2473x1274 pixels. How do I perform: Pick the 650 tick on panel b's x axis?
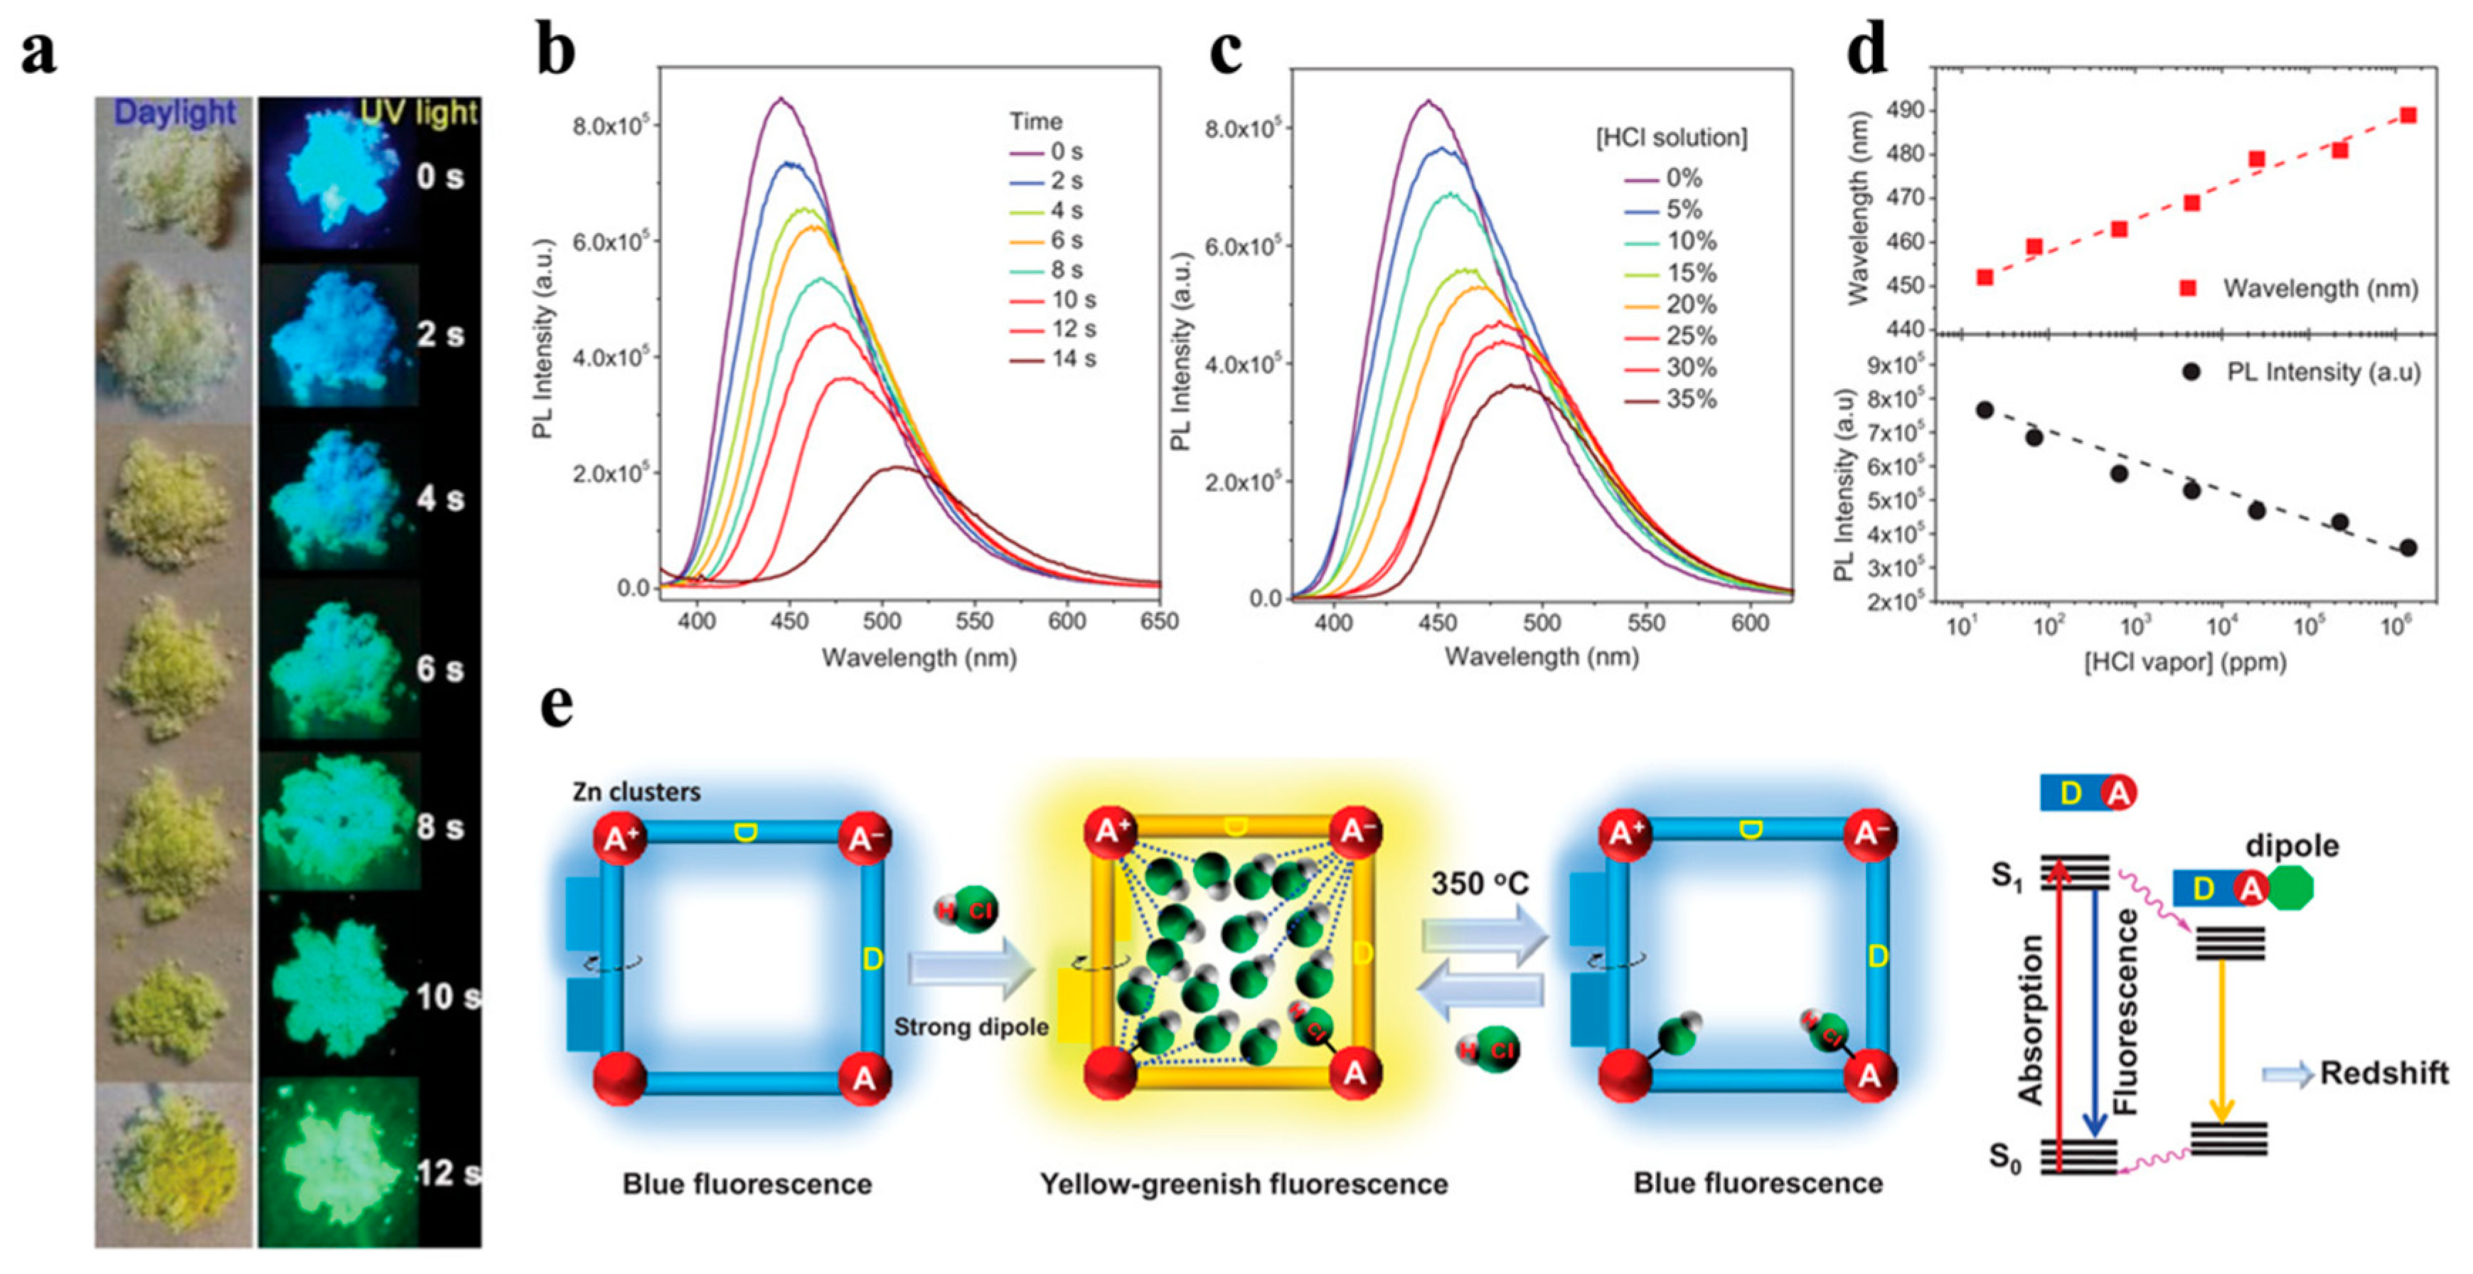pos(1159,622)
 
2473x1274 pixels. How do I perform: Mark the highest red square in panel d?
pos(2408,115)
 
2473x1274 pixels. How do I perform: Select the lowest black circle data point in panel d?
pos(2408,548)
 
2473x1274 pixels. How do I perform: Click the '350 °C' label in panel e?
pos(1480,883)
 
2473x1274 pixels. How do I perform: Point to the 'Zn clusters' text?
pos(636,792)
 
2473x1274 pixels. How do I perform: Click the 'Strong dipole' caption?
pos(971,1027)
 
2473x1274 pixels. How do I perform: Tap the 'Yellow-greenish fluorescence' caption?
pos(1243,1184)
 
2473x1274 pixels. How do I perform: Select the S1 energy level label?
pos(2007,876)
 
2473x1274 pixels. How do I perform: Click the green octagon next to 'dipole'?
pos(2292,888)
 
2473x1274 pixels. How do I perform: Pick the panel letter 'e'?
pos(557,707)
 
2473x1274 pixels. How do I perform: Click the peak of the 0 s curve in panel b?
pos(781,99)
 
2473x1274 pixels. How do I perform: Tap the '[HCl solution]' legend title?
pos(1670,138)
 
